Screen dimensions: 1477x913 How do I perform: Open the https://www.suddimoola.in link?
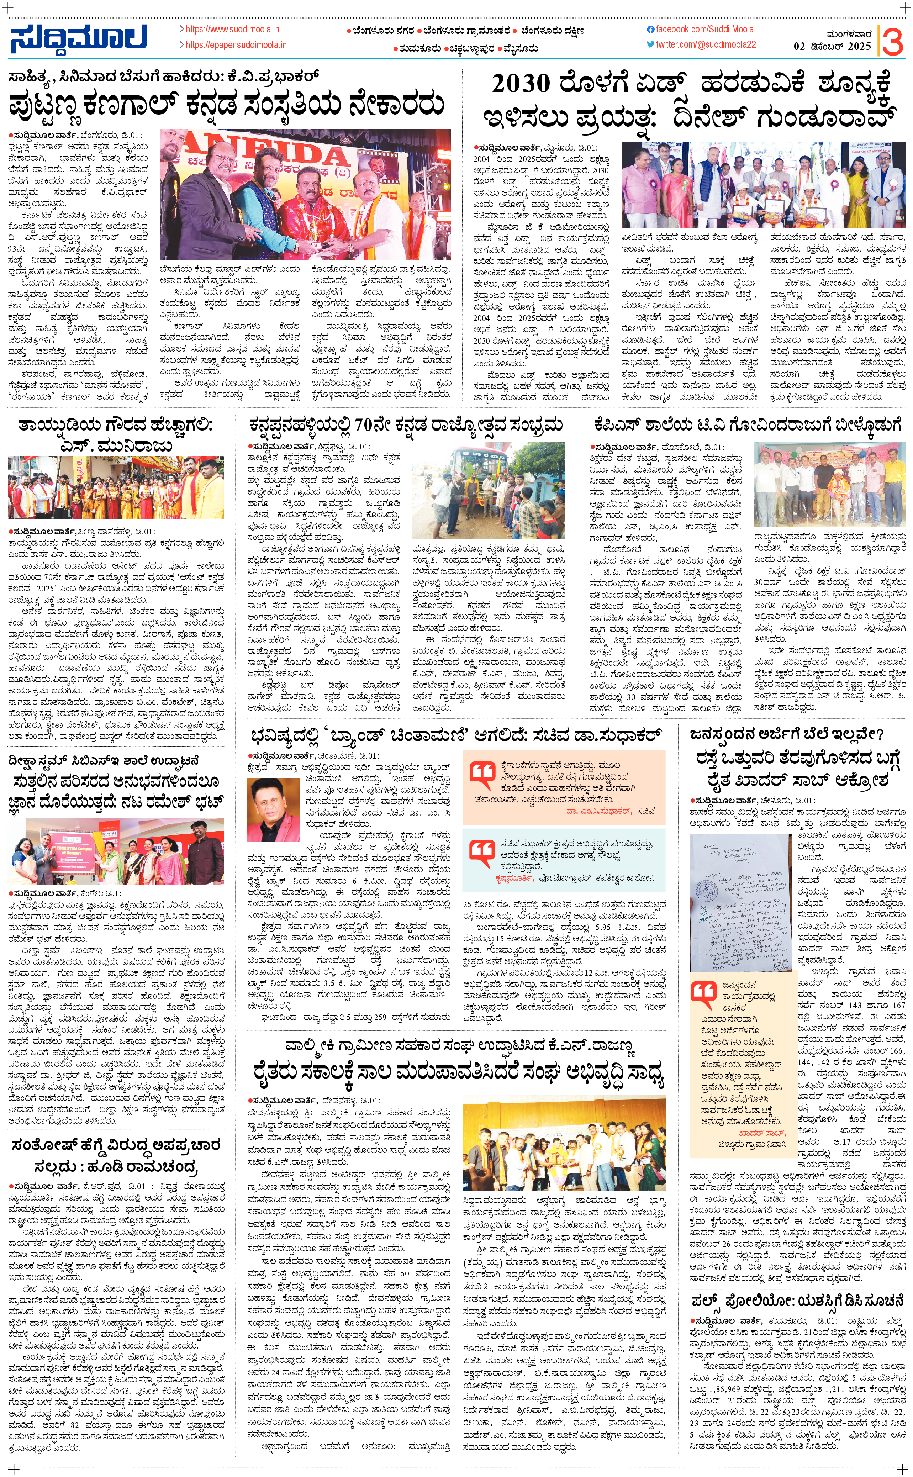[232, 29]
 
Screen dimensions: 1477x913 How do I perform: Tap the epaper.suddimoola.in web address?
[236, 45]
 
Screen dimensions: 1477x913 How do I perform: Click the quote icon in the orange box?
[482, 775]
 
